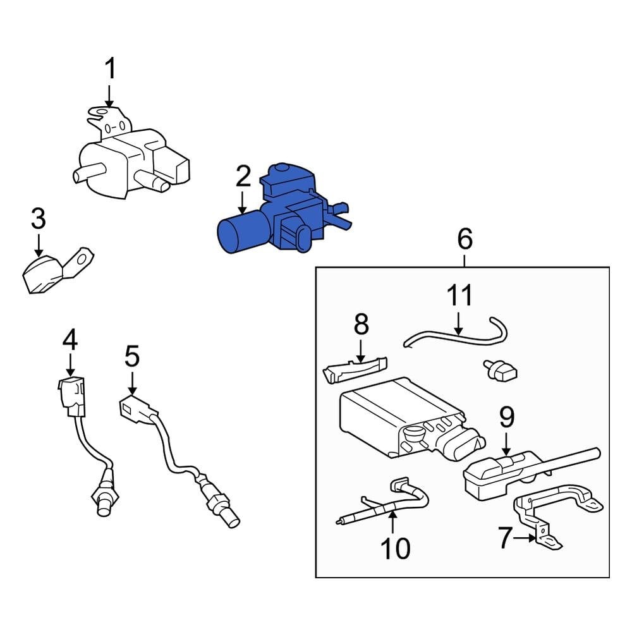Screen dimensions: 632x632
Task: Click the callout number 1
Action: (x=111, y=69)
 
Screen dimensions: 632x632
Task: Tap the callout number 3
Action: (x=39, y=219)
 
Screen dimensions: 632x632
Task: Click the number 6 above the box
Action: (x=464, y=240)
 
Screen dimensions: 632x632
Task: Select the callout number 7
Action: (x=504, y=538)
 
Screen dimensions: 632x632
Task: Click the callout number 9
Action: (x=507, y=418)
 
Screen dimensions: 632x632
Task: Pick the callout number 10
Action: (x=394, y=549)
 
